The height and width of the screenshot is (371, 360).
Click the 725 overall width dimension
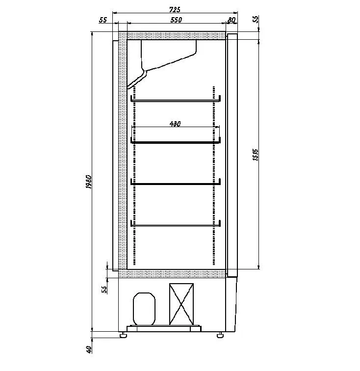[x=175, y=9]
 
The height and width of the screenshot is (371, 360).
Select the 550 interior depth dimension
[x=176, y=20]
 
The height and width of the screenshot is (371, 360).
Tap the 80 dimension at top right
[x=231, y=20]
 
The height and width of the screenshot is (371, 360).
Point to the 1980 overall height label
[x=88, y=182]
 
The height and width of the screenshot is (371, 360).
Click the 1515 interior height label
[x=256, y=155]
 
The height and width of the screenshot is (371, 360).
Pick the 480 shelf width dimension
[x=175, y=124]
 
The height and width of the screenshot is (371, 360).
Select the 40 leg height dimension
[x=89, y=349]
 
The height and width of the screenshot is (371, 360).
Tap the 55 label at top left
[x=103, y=20]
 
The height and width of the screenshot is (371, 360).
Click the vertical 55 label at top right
[x=256, y=19]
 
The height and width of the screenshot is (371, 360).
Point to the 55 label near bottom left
[x=104, y=290]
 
